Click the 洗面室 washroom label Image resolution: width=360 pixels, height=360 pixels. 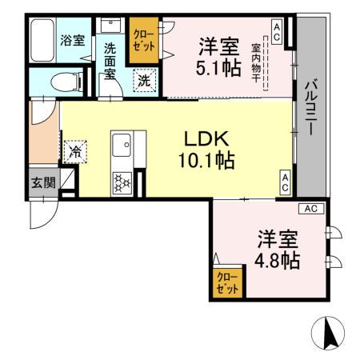click(x=111, y=62)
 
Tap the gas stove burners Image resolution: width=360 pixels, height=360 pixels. click(x=122, y=182)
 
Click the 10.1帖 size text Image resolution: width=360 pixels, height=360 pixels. click(x=206, y=161)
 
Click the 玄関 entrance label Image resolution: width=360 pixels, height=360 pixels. click(x=44, y=182)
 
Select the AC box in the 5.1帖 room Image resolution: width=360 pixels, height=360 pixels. click(x=276, y=31)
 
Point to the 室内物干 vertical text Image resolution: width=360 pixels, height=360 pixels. click(x=257, y=63)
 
